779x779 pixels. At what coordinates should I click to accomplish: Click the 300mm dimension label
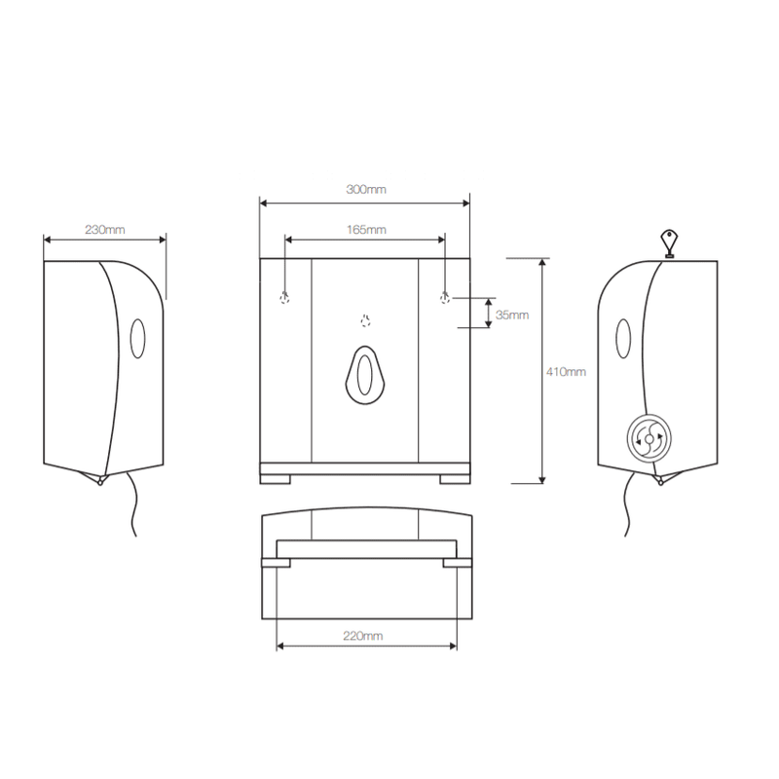click(x=366, y=189)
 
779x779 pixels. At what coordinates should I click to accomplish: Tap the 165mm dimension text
click(x=366, y=230)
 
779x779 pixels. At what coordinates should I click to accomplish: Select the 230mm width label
click(x=105, y=230)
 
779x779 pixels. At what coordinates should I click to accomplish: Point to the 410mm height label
click(x=566, y=372)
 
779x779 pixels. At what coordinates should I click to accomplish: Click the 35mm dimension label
click(x=512, y=315)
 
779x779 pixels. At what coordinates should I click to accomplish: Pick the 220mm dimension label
click(x=362, y=636)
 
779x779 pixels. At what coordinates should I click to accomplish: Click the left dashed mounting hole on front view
click(x=284, y=298)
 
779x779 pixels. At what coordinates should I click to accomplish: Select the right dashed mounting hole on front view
click(x=445, y=298)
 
